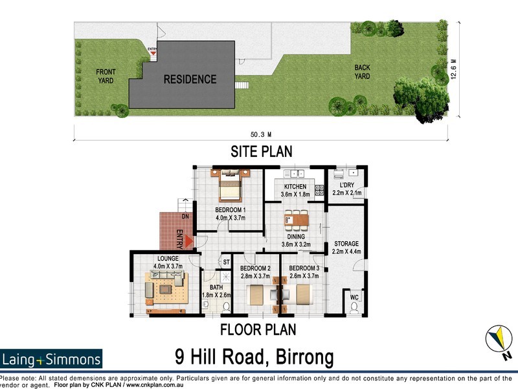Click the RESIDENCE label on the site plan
point(190,80)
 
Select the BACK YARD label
point(362,72)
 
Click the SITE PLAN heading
point(262,152)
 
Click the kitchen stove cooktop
point(319,191)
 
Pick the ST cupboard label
point(226,262)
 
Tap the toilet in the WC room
point(354,307)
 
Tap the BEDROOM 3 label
point(304,268)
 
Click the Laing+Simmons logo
point(51,359)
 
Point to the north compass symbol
point(500,341)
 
